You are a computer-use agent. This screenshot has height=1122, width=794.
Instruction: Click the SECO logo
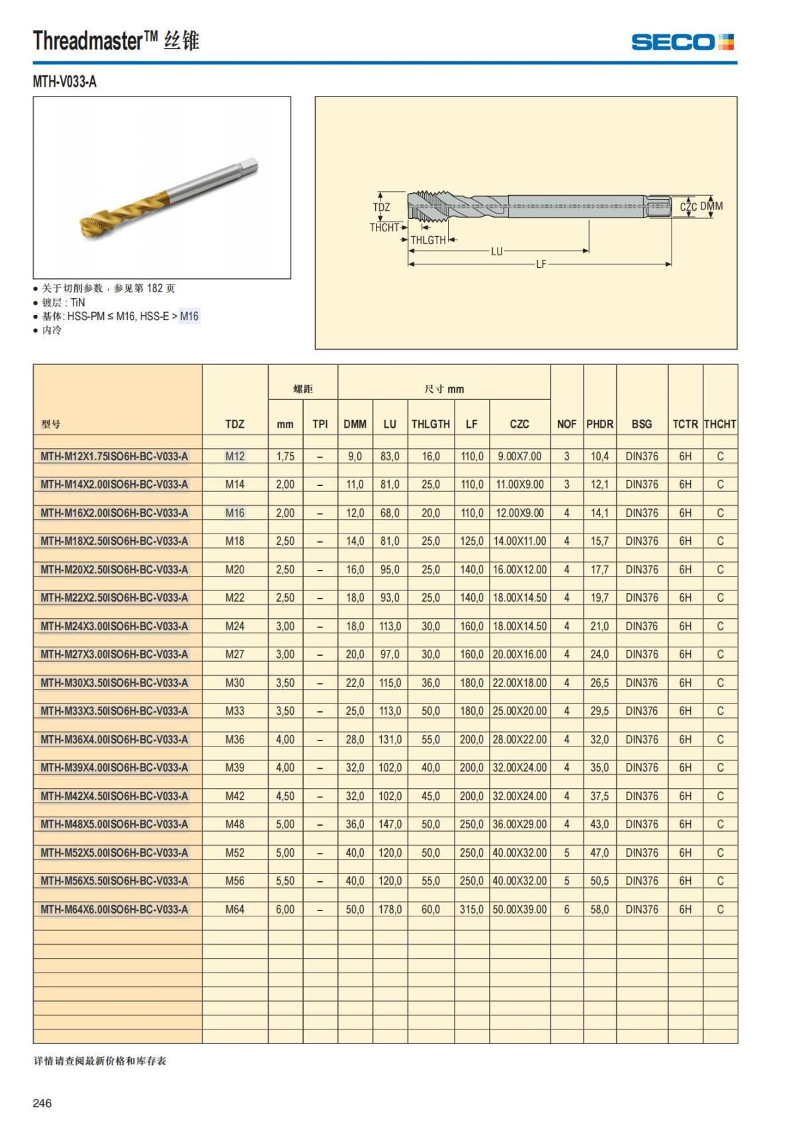(x=682, y=42)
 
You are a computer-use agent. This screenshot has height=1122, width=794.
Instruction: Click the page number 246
(x=42, y=1103)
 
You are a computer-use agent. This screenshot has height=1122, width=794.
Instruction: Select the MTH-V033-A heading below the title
(x=64, y=82)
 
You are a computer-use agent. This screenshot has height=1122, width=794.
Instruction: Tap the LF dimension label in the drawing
(x=541, y=264)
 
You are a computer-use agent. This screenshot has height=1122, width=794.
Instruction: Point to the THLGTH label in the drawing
(x=428, y=240)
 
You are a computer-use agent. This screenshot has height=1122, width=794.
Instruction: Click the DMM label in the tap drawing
(x=712, y=206)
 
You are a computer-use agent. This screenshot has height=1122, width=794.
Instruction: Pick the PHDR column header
(x=599, y=424)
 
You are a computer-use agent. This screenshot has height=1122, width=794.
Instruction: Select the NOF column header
(x=566, y=424)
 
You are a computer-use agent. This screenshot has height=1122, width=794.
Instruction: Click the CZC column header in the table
(x=519, y=424)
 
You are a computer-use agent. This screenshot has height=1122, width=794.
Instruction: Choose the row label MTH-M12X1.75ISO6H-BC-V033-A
(x=114, y=456)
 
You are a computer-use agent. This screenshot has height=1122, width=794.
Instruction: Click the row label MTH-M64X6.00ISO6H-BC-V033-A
(x=114, y=909)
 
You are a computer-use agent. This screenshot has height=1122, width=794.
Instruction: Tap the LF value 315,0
(x=472, y=909)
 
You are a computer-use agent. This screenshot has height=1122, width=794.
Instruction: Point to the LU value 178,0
(x=390, y=909)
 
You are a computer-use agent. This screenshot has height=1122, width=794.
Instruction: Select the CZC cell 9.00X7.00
(x=519, y=456)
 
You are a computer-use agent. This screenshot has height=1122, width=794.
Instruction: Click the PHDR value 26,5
(x=599, y=682)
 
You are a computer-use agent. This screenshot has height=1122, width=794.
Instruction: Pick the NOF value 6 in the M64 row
(x=566, y=909)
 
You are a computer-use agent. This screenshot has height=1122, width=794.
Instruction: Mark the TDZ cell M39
(x=235, y=768)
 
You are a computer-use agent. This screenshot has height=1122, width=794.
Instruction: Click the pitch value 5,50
(x=285, y=881)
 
